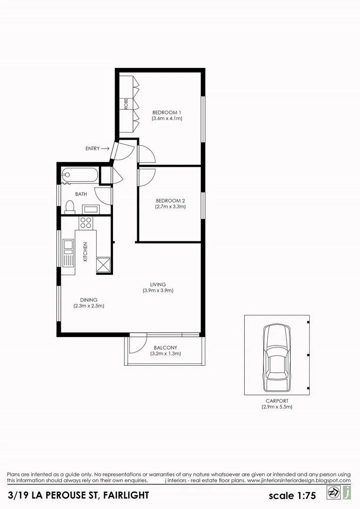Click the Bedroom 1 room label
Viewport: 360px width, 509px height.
166,112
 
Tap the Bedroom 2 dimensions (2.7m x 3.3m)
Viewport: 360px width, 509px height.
170,206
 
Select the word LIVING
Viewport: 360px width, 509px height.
158,284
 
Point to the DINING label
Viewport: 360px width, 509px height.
89,300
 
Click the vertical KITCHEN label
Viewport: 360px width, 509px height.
85,251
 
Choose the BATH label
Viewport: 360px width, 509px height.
81,194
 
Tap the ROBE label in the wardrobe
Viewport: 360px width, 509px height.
126,104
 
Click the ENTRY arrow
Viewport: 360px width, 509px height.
105,148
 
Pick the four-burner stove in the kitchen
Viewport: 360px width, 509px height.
86,222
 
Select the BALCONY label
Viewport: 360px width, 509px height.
165,347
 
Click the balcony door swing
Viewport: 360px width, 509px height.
137,344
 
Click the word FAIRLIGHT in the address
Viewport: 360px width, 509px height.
125,495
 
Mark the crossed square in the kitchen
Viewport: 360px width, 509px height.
103,265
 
